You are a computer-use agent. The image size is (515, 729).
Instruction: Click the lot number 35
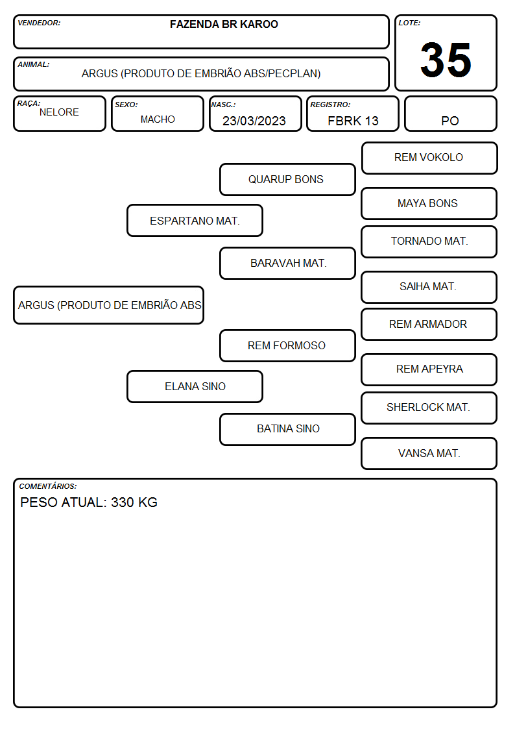(446, 60)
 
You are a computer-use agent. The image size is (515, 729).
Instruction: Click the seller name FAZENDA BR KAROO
(224, 24)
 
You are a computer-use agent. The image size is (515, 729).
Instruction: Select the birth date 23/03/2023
(254, 121)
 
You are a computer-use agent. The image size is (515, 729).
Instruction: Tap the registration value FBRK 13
(353, 121)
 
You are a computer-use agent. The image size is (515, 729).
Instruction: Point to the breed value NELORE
(59, 112)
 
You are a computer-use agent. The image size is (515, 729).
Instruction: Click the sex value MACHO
(158, 119)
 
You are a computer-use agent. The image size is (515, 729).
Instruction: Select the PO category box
(450, 114)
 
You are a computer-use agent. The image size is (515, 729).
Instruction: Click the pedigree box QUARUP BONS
(287, 179)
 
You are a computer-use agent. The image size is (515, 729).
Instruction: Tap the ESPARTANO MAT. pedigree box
(195, 220)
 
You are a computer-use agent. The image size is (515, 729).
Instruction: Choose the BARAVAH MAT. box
(287, 263)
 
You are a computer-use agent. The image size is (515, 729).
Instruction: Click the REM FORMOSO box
(287, 346)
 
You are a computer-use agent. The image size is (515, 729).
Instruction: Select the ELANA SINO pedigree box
(195, 387)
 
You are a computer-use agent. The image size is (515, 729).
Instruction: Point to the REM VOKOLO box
(429, 158)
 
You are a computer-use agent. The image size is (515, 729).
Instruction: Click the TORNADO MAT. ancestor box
(429, 241)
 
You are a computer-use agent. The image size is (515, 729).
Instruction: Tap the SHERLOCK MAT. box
(429, 408)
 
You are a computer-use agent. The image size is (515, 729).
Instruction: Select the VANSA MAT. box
(429, 453)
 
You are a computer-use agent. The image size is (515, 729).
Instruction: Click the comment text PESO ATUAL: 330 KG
(89, 502)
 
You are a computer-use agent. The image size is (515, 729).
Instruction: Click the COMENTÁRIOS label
(48, 486)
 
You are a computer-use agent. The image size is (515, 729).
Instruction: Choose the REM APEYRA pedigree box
(429, 369)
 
